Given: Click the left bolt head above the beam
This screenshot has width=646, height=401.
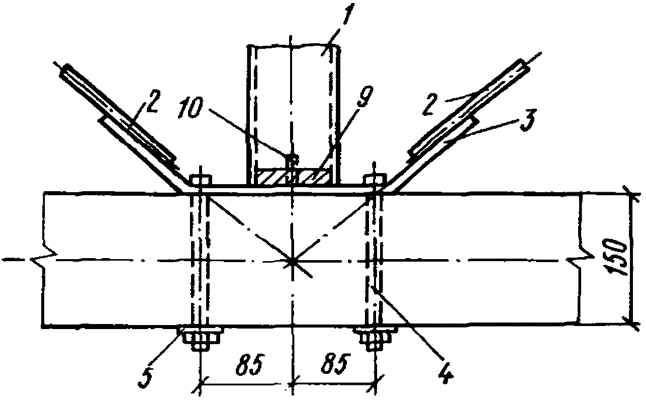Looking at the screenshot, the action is [201, 180].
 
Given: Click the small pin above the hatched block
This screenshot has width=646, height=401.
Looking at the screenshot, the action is [291, 159].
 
